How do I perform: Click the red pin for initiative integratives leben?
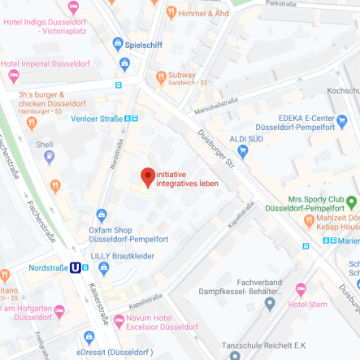click(147, 176)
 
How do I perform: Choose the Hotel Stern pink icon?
click(301, 289)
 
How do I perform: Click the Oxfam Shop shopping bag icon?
click(101, 215)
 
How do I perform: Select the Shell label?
click(44, 144)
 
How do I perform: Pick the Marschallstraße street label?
click(216, 106)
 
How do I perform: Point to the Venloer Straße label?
click(97, 118)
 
